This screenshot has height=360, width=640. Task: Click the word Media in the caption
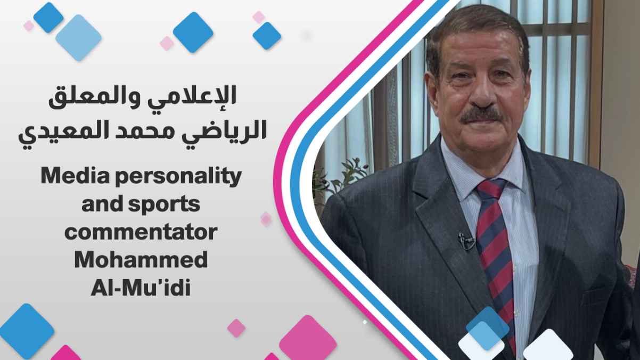[x=76, y=177]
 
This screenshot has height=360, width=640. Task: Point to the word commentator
[x=141, y=233]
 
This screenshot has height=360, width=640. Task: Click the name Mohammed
[x=141, y=260]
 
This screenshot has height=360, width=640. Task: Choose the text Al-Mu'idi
[x=141, y=288]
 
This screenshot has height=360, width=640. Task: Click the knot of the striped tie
[x=490, y=190]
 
